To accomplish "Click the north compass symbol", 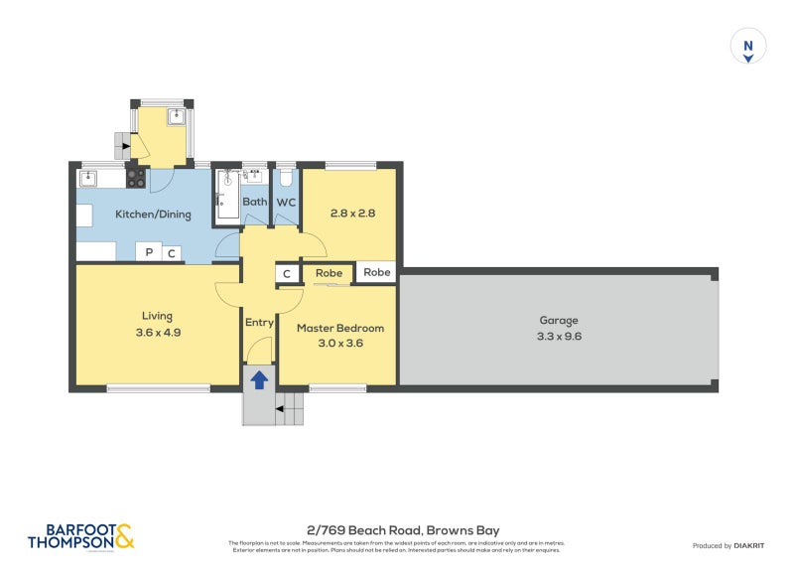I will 749,47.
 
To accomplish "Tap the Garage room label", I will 558,320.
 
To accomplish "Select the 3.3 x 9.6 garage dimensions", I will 558,336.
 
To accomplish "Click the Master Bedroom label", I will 337,328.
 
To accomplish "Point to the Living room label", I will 157,317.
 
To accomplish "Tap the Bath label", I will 254,203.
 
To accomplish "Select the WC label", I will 286,203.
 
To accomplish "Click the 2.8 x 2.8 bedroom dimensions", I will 351,213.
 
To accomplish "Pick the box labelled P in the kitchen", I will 148,253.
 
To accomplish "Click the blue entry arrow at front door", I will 259,379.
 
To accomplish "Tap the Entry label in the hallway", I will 259,322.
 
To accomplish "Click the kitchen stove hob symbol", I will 136,179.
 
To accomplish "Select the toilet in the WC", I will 286,178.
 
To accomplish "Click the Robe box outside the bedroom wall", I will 376,272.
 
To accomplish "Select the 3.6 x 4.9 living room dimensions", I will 157,333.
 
